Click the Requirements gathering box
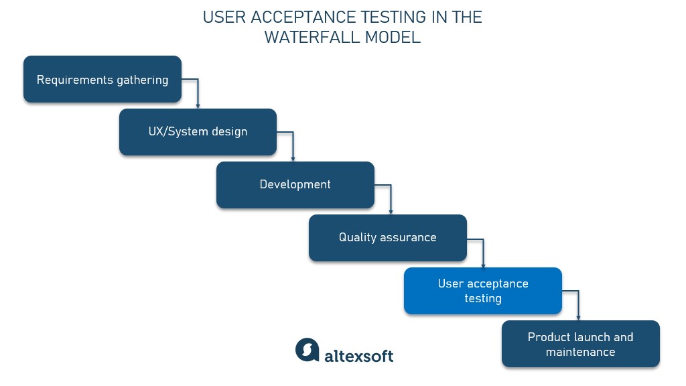(x=102, y=79)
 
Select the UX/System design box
(x=198, y=132)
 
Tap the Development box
(x=295, y=184)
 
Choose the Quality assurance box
(x=387, y=237)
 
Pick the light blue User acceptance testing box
(x=482, y=291)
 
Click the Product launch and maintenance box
(x=580, y=344)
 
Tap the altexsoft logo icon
(x=307, y=350)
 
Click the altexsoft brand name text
(x=358, y=355)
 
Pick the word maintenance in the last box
(x=580, y=352)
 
